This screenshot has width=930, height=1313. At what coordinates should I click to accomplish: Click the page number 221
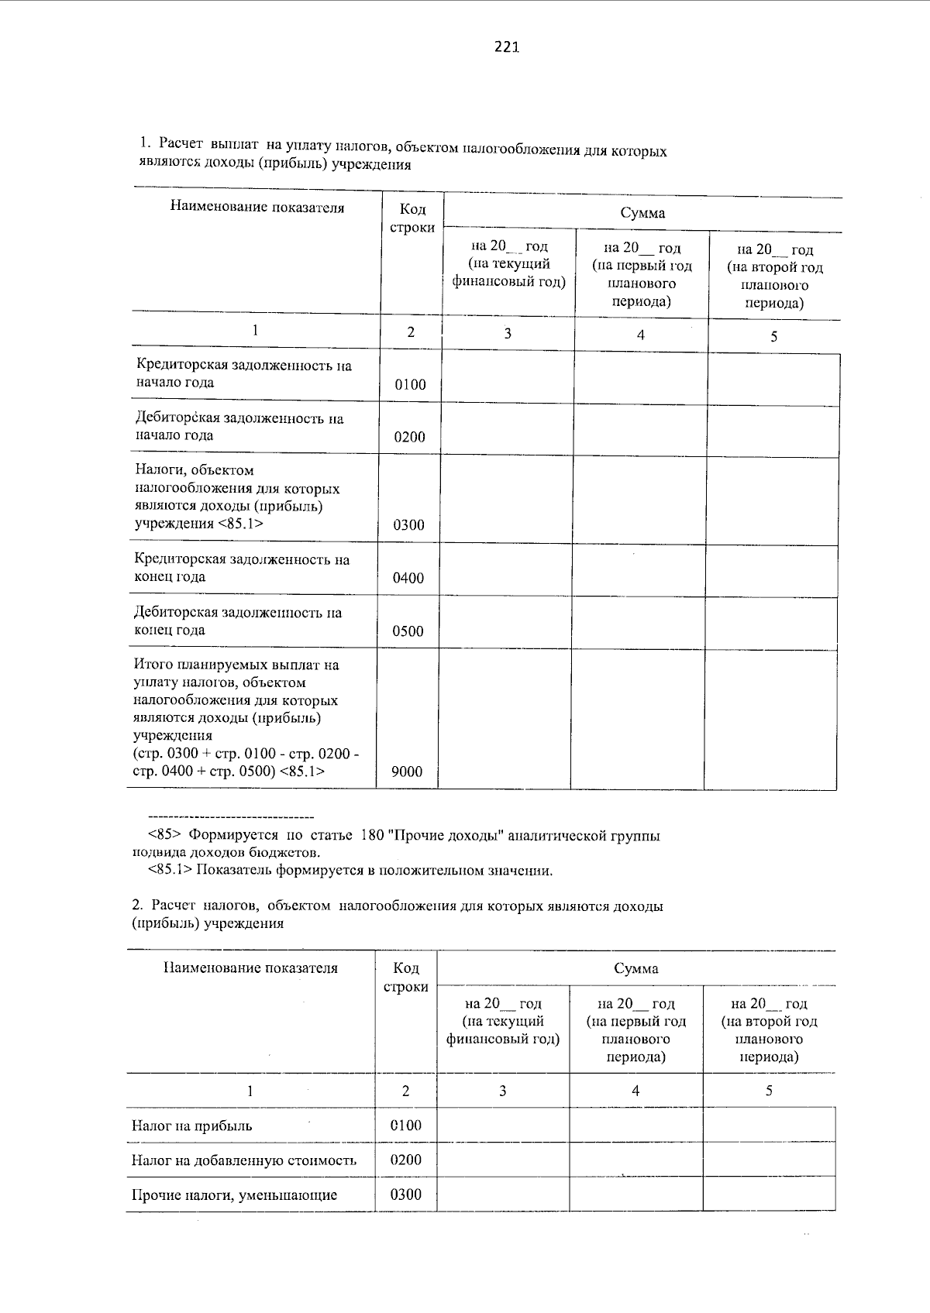pyautogui.click(x=505, y=47)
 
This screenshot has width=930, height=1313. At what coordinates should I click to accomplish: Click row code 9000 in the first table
pyautogui.click(x=408, y=771)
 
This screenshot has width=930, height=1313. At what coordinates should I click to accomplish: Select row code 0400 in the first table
pyautogui.click(x=408, y=578)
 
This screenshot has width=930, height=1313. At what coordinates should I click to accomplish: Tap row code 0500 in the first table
pyautogui.click(x=408, y=631)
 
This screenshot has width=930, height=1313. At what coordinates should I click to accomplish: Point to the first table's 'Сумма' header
pyautogui.click(x=642, y=213)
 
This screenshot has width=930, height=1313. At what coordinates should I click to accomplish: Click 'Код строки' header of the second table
pyautogui.click(x=406, y=978)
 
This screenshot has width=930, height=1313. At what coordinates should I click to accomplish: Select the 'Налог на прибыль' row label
pyautogui.click(x=191, y=1126)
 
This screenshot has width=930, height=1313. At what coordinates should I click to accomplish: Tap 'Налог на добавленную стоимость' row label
pyautogui.click(x=244, y=1160)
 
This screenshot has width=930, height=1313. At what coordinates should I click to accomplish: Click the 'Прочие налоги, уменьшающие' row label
pyautogui.click(x=234, y=1194)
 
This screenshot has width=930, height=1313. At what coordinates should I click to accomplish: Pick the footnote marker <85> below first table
pyautogui.click(x=164, y=836)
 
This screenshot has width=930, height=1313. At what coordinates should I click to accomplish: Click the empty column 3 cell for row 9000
pyautogui.click(x=505, y=719)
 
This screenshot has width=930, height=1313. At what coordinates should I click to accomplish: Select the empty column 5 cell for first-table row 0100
pyautogui.click(x=773, y=380)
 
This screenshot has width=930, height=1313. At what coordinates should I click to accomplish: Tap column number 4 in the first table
pyautogui.click(x=640, y=335)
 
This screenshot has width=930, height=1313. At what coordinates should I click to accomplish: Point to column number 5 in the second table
pyautogui.click(x=769, y=1091)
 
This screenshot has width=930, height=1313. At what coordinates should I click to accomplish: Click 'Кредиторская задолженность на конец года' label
pyautogui.click(x=242, y=568)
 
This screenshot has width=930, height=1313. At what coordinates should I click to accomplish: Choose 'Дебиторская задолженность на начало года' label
pyautogui.click(x=239, y=427)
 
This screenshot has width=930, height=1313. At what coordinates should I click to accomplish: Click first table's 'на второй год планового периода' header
pyautogui.click(x=774, y=276)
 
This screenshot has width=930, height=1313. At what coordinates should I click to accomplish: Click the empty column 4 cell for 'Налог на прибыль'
pyautogui.click(x=635, y=1125)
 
